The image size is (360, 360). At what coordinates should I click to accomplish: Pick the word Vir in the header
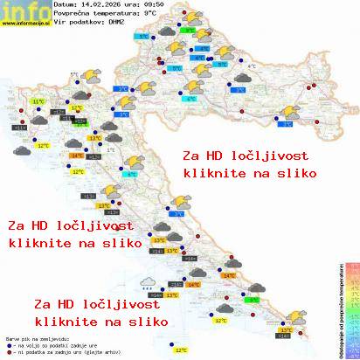pos(59,23)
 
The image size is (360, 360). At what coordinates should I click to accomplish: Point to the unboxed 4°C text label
pos(252,66)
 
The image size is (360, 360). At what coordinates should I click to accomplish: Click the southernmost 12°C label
pos(181,350)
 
